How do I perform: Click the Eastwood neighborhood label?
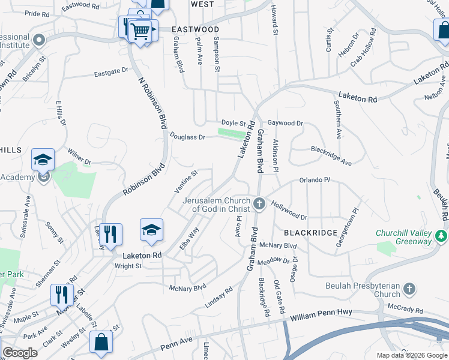coord(195,29)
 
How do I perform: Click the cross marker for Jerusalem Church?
coord(259,204)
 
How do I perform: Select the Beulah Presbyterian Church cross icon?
coord(409,289)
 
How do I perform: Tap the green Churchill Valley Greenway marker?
coord(442,236)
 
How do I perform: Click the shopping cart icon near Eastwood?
coord(140,30)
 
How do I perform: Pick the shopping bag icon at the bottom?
coord(101,343)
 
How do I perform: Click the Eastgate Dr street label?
coord(111,71)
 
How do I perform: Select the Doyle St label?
coord(234,122)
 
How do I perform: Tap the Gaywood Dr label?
coord(285,123)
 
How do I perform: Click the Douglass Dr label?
coord(187,137)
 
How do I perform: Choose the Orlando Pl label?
coord(315,180)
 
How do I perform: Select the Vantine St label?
coord(186,181)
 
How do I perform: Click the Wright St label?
coord(128,266)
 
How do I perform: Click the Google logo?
coord(20,353)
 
